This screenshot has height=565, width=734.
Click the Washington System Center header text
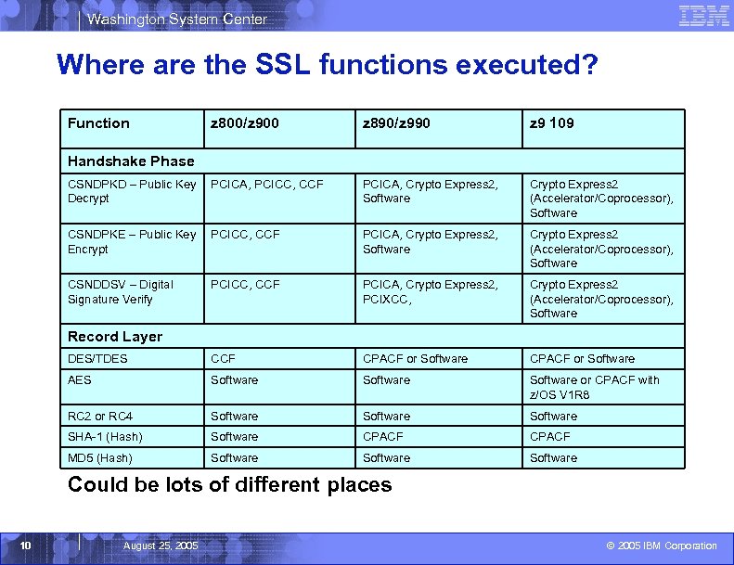tap(177, 19)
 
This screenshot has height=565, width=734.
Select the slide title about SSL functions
tap(327, 65)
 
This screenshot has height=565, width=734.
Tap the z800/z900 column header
tap(245, 123)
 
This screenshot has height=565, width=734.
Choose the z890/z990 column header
tap(396, 123)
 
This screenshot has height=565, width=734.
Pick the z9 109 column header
tap(551, 123)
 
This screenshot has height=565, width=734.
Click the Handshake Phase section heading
tap(131, 161)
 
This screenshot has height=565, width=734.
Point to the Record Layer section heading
tap(115, 337)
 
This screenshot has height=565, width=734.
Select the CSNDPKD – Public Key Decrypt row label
tap(132, 191)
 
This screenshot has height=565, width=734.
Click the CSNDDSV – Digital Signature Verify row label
tap(121, 291)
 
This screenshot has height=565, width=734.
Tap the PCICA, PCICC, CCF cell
tap(267, 185)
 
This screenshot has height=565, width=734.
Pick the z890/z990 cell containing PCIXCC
tap(430, 291)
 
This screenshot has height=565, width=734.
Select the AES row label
tap(80, 379)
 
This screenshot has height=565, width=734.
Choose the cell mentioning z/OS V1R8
tap(594, 387)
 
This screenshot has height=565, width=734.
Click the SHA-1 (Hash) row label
tap(105, 437)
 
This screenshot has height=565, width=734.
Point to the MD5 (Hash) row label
tap(100, 458)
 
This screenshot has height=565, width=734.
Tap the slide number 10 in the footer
tap(27, 546)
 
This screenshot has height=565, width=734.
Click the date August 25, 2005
tap(161, 546)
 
